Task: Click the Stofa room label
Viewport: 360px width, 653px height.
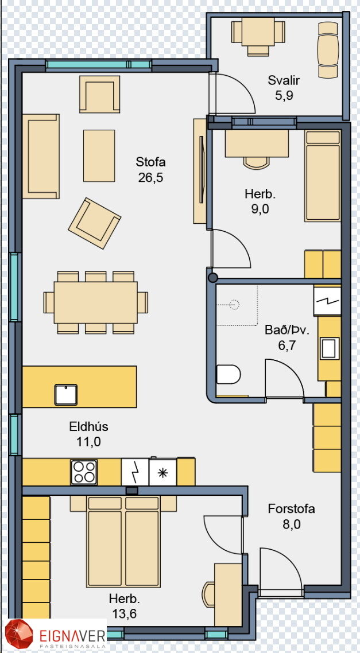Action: coord(151,162)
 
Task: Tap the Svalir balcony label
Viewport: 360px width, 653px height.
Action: coord(284,80)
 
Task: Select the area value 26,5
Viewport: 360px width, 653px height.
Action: coord(151,178)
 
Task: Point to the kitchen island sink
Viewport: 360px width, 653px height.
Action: coord(66,394)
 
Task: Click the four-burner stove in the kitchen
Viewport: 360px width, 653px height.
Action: coord(84,472)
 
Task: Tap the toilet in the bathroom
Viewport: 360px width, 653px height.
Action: coord(229,374)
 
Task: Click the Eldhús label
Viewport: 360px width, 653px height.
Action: coord(89,426)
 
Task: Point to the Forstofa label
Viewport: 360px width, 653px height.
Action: coord(291,508)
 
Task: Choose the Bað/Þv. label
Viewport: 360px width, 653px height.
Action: coord(287,331)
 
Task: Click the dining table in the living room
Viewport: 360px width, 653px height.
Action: coord(96,302)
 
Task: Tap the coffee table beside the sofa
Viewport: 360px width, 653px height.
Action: coord(99,156)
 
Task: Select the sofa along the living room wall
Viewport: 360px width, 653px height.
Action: coord(41,156)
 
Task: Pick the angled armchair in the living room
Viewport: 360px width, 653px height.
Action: coord(95,223)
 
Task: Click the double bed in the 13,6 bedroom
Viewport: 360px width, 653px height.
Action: coord(123,541)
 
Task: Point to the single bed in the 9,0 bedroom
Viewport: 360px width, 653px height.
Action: coord(323,176)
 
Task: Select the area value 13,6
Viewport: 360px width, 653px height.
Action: coord(124,613)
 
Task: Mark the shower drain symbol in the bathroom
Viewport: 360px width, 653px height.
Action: coord(235,305)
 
